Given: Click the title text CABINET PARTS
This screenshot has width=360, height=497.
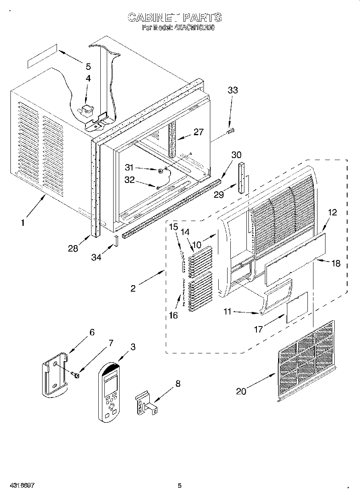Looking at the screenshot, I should click(x=174, y=18).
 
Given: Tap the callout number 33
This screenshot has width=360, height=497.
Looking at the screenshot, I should click(x=232, y=91).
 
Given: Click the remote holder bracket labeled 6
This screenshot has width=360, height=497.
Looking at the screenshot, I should click(x=55, y=375).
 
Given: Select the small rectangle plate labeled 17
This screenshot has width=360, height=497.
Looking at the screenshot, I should click(x=297, y=307).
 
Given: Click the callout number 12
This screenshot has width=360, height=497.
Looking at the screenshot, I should click(x=332, y=213).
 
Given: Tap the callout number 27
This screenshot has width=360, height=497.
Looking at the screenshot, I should click(x=198, y=132).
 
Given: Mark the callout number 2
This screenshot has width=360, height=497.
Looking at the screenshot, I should click(x=133, y=288).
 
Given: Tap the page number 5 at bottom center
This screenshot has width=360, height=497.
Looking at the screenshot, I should click(x=179, y=485).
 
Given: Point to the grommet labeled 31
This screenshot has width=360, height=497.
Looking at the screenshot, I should click(x=160, y=171).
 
